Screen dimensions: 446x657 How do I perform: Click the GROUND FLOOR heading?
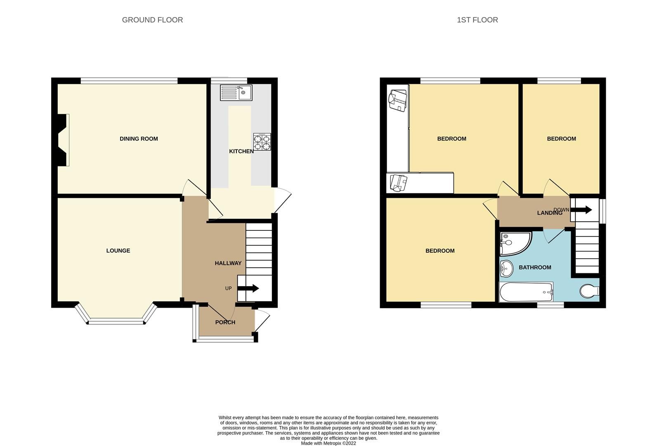click(152, 20)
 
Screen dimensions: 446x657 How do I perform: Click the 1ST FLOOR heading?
click(477, 20)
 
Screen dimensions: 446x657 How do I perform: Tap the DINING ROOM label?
click(139, 139)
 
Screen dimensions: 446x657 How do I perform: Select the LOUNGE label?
click(118, 251)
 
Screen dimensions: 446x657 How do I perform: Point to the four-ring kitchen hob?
click(262, 142)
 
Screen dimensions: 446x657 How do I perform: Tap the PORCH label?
click(225, 322)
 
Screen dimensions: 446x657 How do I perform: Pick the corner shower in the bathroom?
click(513, 243)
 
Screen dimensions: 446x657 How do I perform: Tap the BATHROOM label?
click(535, 268)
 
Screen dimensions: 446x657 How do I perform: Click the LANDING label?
click(549, 213)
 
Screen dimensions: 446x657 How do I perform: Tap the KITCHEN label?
click(241, 152)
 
